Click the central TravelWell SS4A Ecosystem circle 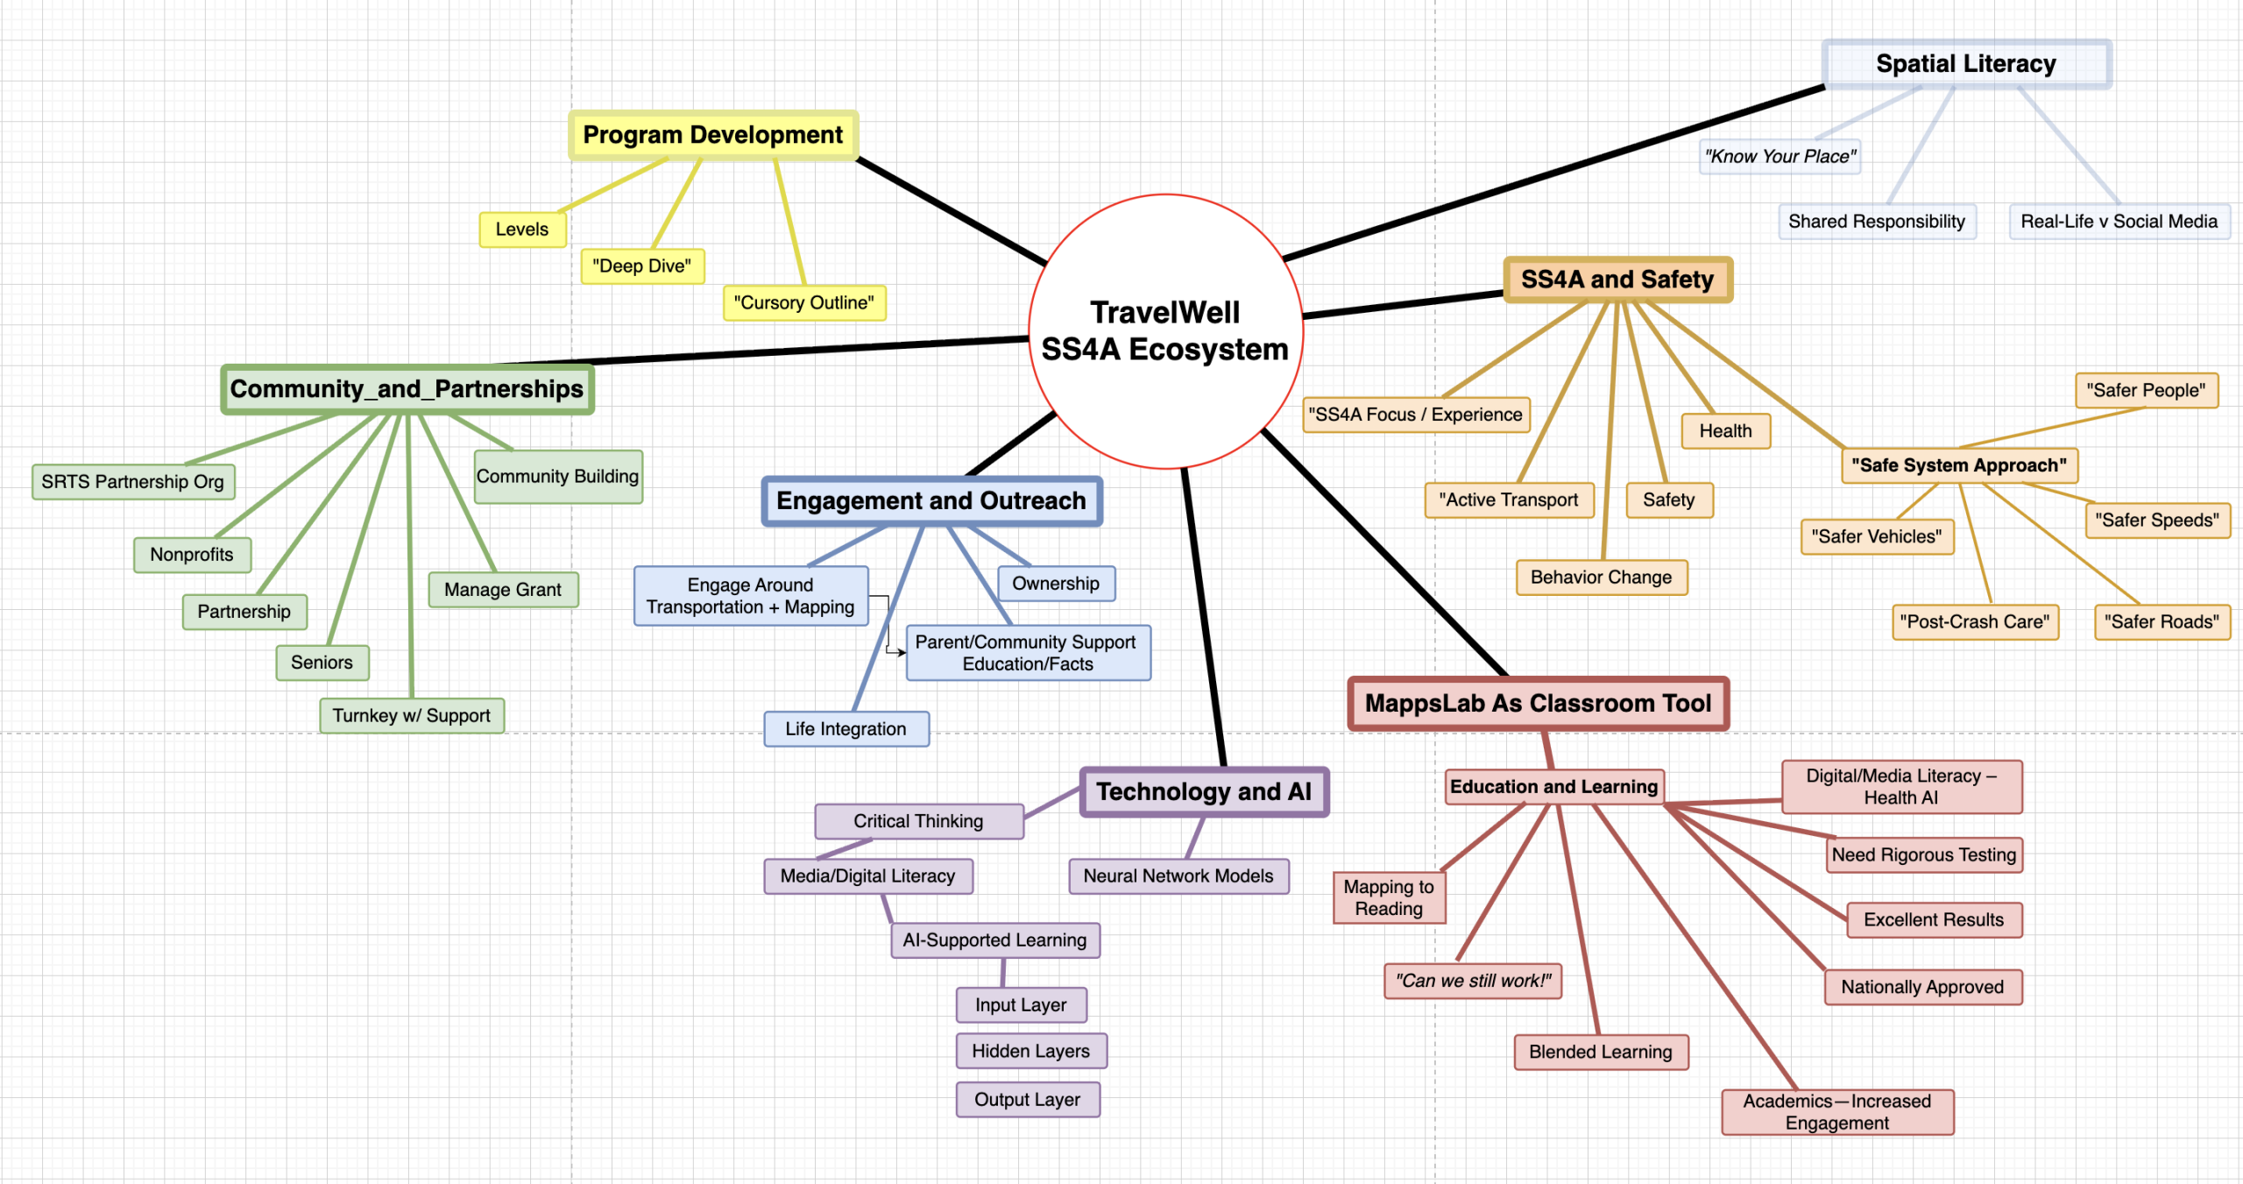[x=1164, y=331]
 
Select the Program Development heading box [x=712, y=135]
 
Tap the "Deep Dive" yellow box [x=641, y=266]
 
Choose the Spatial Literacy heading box [x=1965, y=64]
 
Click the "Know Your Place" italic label [x=1779, y=157]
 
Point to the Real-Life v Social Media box [x=2118, y=222]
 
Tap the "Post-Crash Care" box [x=1974, y=622]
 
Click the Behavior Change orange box [x=1601, y=578]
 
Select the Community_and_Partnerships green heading [x=407, y=389]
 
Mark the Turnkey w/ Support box [x=411, y=716]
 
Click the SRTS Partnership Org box [x=132, y=482]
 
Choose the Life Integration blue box [x=846, y=729]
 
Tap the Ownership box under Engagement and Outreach [x=1055, y=584]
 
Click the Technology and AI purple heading [x=1204, y=792]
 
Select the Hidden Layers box [x=1030, y=1051]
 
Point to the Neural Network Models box [x=1178, y=876]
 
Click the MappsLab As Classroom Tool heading [x=1538, y=704]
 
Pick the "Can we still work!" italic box [x=1472, y=981]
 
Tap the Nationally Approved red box [x=1922, y=988]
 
